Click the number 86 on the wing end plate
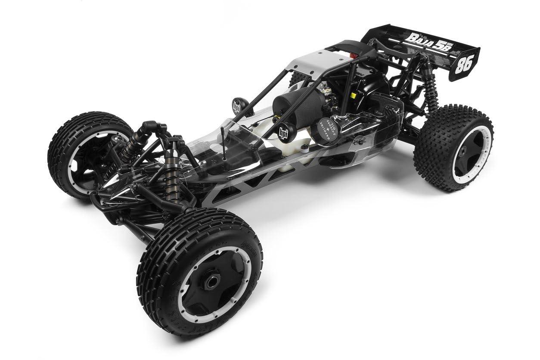(466, 63)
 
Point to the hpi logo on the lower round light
(284, 132)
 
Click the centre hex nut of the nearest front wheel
(211, 282)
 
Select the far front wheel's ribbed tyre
(65, 142)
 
